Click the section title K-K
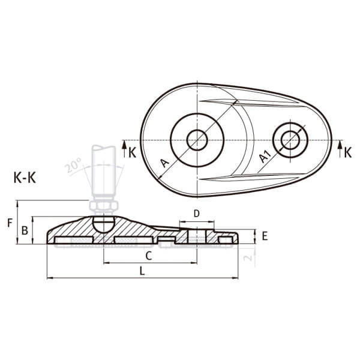click(x=25, y=178)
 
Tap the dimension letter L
click(x=142, y=271)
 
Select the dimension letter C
click(x=149, y=256)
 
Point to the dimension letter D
click(x=197, y=214)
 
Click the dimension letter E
click(x=265, y=236)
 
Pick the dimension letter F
click(x=10, y=223)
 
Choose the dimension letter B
click(x=25, y=230)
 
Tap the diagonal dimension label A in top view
click(x=165, y=163)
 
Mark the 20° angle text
click(x=73, y=165)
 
